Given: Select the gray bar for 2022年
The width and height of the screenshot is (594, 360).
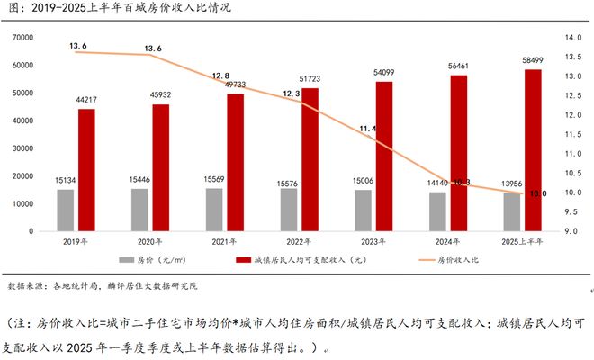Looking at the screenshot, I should coord(288,209).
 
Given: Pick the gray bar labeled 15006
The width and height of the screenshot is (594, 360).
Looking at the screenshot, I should coord(362,210).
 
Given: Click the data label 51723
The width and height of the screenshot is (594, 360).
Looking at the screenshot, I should coord(309,81).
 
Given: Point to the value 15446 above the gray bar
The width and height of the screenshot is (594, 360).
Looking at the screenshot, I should coord(139,181).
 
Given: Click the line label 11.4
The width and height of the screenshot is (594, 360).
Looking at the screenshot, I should coord(369,129).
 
